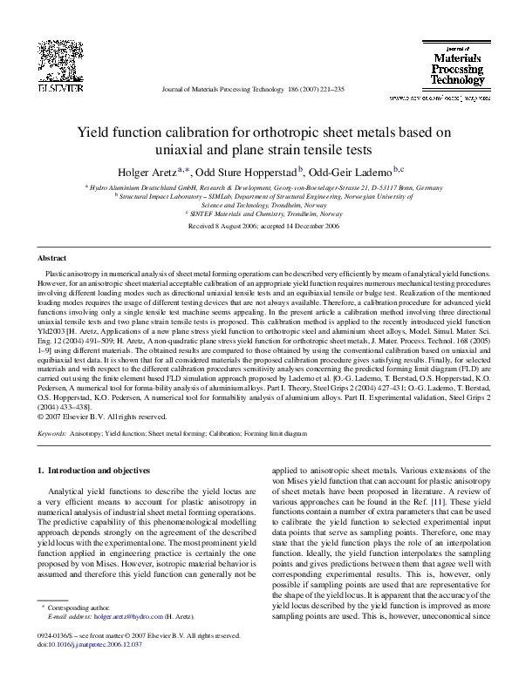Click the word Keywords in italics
point(52,432)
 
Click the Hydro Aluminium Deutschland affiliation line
point(259,187)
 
